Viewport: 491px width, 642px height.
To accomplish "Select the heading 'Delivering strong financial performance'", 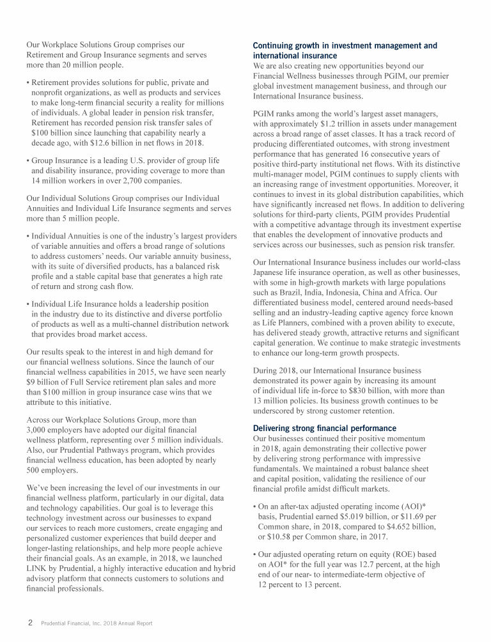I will click(324, 428).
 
